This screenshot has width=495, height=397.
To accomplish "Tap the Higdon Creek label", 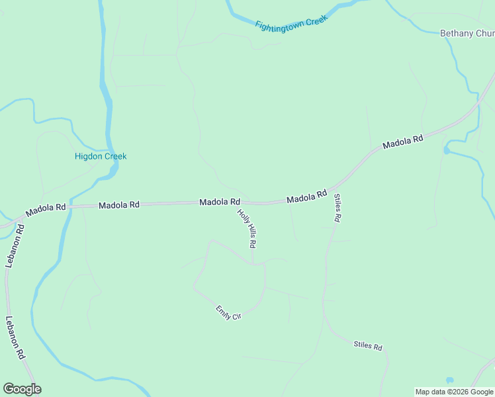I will pos(101,157).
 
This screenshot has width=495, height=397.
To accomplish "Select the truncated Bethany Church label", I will pos(467,34).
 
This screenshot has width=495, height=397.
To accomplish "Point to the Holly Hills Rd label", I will pos(246,228).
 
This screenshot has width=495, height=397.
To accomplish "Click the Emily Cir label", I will pos(228,312).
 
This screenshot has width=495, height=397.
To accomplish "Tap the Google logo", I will pos(22,389).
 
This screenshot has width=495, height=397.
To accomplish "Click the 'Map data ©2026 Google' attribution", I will pos(455,392).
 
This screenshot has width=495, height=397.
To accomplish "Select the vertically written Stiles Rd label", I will pos(337,208).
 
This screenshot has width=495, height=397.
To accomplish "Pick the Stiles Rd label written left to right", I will pos(368,346).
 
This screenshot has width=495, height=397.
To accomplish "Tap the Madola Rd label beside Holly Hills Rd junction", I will pos(220,202).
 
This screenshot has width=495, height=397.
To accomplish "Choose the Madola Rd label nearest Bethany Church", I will pos(402,143).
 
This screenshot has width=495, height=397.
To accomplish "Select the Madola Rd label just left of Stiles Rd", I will pos(306,197).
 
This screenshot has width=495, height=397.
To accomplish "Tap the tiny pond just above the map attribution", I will pos(450,380).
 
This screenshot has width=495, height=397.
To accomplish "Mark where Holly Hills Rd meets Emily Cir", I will pos(253,263).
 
